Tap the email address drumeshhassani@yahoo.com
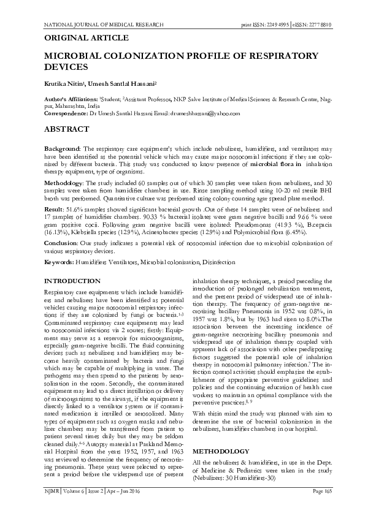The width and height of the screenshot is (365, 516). (x=209, y=113)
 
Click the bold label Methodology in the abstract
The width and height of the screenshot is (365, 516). (x=65, y=183)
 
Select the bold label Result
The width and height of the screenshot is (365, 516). (x=55, y=210)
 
